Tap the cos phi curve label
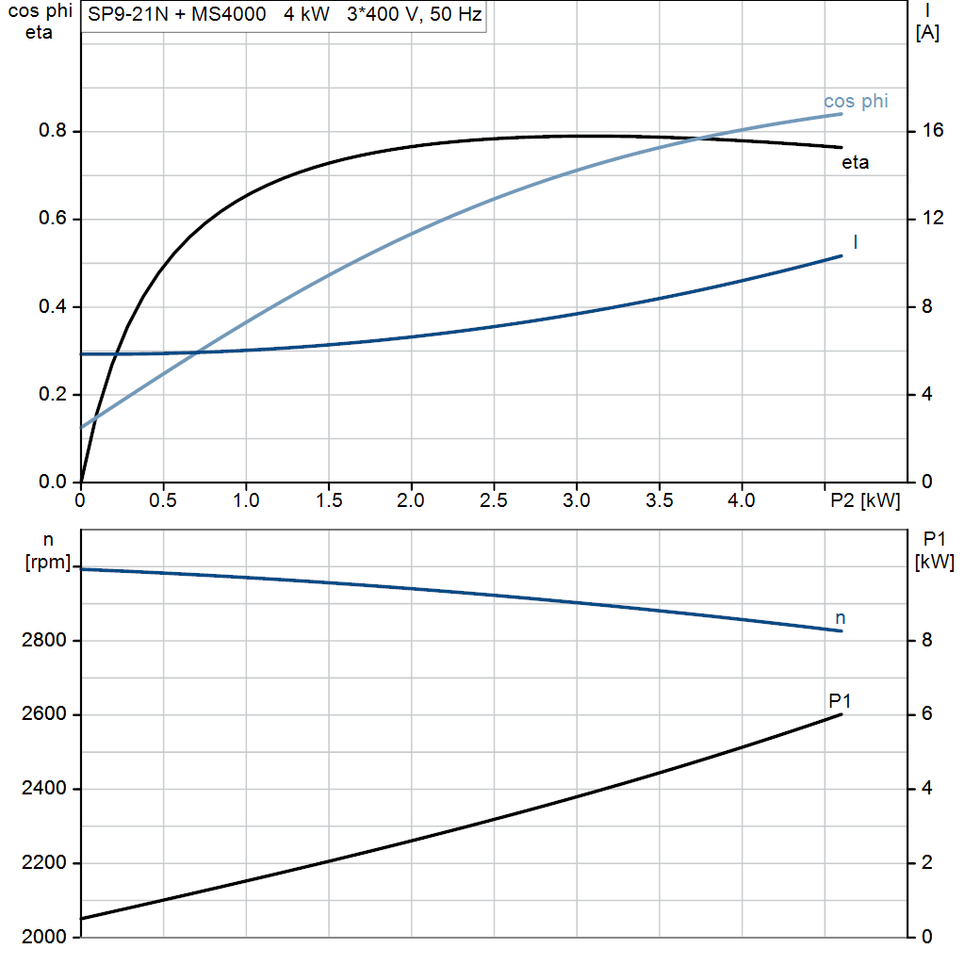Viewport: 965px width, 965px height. coord(856,101)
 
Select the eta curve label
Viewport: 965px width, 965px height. coord(855,162)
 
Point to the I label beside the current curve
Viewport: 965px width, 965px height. coord(855,242)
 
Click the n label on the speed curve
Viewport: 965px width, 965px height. coord(841,618)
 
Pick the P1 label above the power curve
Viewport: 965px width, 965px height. coord(840,700)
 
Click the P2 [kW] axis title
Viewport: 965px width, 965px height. coord(864,500)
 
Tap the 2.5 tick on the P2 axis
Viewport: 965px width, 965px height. coord(494,500)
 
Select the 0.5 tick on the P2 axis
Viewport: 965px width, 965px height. coord(163,500)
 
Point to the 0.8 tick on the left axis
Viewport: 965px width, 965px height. coord(53,131)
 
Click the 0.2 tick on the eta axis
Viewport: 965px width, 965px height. coord(53,395)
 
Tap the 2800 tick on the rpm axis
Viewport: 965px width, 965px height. coord(42,641)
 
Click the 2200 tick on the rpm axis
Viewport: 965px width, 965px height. coord(42,863)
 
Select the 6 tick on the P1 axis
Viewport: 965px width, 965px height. coord(926,714)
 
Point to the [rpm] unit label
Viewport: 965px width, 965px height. coord(46,562)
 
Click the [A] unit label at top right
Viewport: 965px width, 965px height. coord(927,33)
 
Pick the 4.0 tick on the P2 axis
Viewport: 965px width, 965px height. coord(742,500)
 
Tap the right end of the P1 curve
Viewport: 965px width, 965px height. coord(842,714)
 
